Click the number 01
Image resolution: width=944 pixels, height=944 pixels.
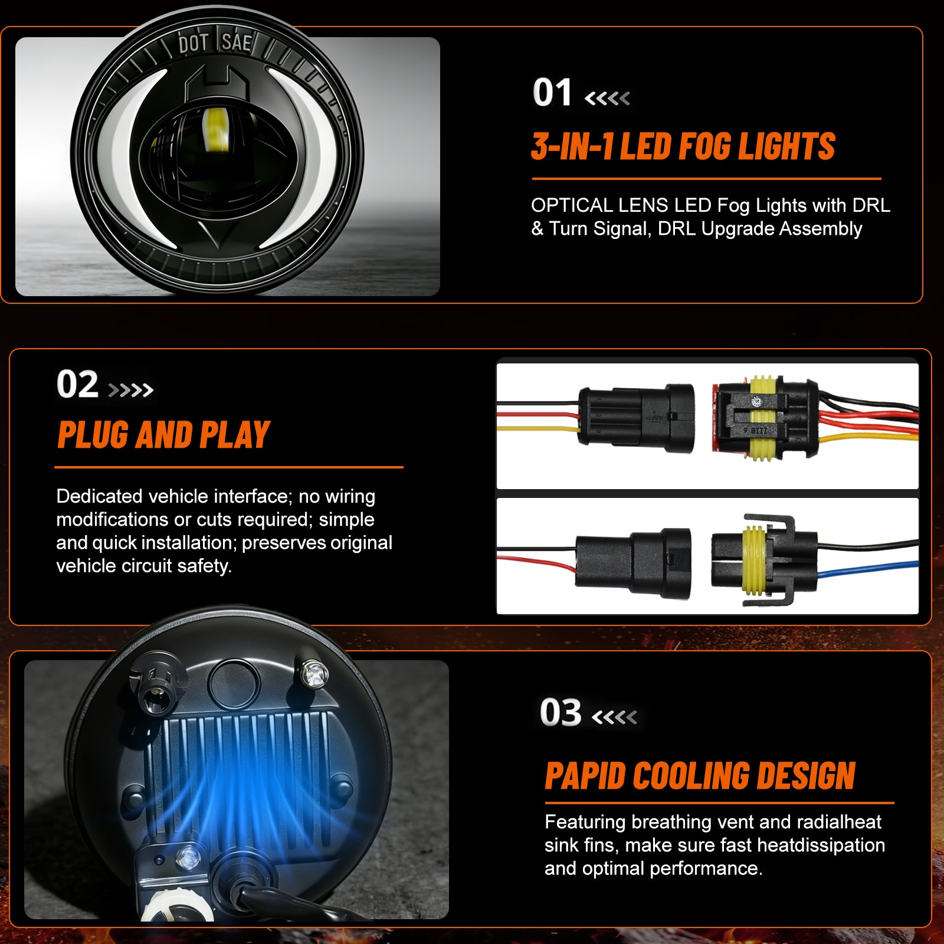click(552, 93)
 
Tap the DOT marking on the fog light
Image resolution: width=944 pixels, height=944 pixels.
click(194, 44)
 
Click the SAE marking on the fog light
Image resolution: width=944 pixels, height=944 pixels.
click(237, 42)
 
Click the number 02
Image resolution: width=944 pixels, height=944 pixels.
click(77, 385)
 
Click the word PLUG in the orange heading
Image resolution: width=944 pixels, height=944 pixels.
click(93, 435)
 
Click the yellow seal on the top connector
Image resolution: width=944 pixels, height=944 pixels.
click(763, 419)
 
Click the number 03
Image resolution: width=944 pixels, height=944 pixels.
click(560, 713)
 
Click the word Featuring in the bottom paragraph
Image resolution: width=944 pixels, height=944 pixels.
click(585, 822)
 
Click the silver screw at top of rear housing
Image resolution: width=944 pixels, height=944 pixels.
click(314, 673)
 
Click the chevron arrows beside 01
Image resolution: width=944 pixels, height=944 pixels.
click(607, 98)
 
